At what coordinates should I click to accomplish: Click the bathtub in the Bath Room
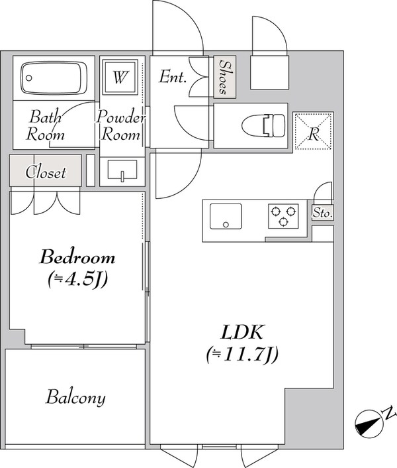[54, 78]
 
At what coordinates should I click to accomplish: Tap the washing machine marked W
[120, 77]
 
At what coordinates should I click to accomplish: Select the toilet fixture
[263, 126]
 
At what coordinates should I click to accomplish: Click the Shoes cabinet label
[225, 77]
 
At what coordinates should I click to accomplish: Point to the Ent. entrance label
[173, 77]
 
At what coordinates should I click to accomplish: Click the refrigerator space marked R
[314, 131]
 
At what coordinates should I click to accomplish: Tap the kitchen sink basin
[226, 216]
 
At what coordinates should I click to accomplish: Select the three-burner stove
[283, 216]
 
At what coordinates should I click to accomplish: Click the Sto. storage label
[322, 213]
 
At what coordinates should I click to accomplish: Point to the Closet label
[46, 172]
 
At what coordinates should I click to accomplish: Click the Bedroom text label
[77, 257]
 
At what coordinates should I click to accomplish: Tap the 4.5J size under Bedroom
[77, 279]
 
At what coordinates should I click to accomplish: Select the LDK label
[242, 332]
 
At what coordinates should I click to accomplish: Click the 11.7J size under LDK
[242, 354]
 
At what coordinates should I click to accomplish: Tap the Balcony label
[75, 398]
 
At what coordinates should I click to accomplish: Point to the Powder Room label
[120, 125]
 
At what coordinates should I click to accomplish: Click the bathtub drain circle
[29, 78]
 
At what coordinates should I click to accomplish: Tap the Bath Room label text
[45, 125]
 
